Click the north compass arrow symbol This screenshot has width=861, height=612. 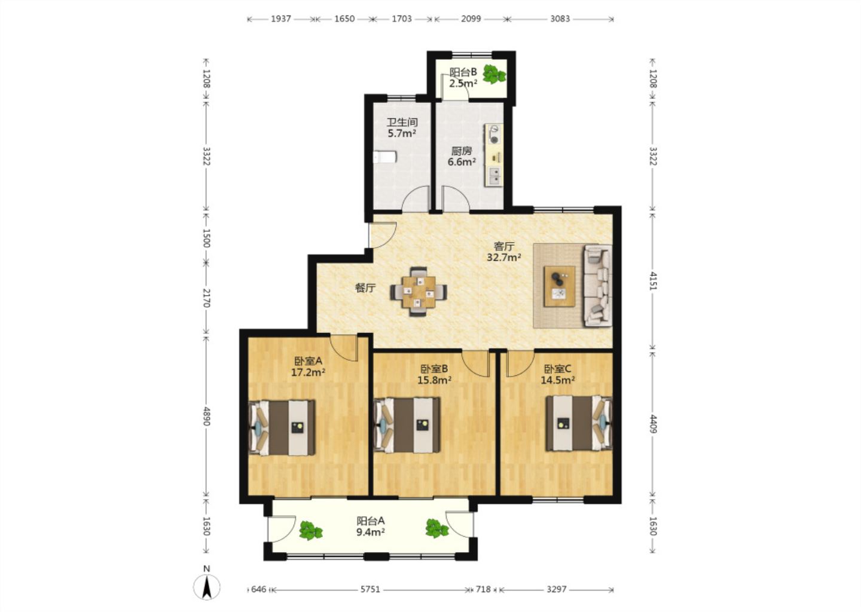click(207, 587)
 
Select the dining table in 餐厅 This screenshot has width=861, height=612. click(419, 292)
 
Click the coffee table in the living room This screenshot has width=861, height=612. click(559, 286)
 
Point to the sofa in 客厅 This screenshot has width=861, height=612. click(598, 286)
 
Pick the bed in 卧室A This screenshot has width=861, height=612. click(282, 428)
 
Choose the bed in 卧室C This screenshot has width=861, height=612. click(579, 423)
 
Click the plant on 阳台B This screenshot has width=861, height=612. click(494, 74)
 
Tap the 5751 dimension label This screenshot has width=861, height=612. click(370, 589)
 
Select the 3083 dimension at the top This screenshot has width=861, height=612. click(560, 19)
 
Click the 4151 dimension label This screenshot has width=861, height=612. click(653, 280)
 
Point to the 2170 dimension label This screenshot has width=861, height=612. click(206, 298)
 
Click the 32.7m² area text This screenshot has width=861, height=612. click(504, 257)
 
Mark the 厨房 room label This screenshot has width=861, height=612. click(461, 151)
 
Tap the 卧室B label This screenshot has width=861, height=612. click(434, 369)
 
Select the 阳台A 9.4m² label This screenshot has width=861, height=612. click(371, 527)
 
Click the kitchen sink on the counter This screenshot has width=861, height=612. click(495, 176)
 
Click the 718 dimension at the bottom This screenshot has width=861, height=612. click(483, 589)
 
